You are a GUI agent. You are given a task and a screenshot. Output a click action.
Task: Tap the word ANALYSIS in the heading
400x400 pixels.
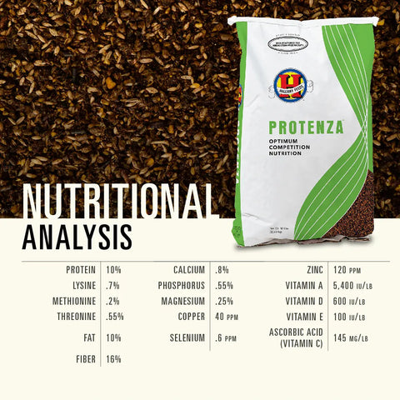[x=77, y=236]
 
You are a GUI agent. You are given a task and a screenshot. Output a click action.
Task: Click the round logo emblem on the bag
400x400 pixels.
[x=291, y=84]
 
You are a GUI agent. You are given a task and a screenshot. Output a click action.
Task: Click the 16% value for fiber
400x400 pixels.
[x=114, y=359]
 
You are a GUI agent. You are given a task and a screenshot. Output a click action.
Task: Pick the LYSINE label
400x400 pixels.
[x=83, y=286]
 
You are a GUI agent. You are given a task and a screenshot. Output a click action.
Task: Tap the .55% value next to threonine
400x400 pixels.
[x=116, y=317]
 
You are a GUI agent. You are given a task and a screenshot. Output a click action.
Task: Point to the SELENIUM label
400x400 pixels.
[x=186, y=338]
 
